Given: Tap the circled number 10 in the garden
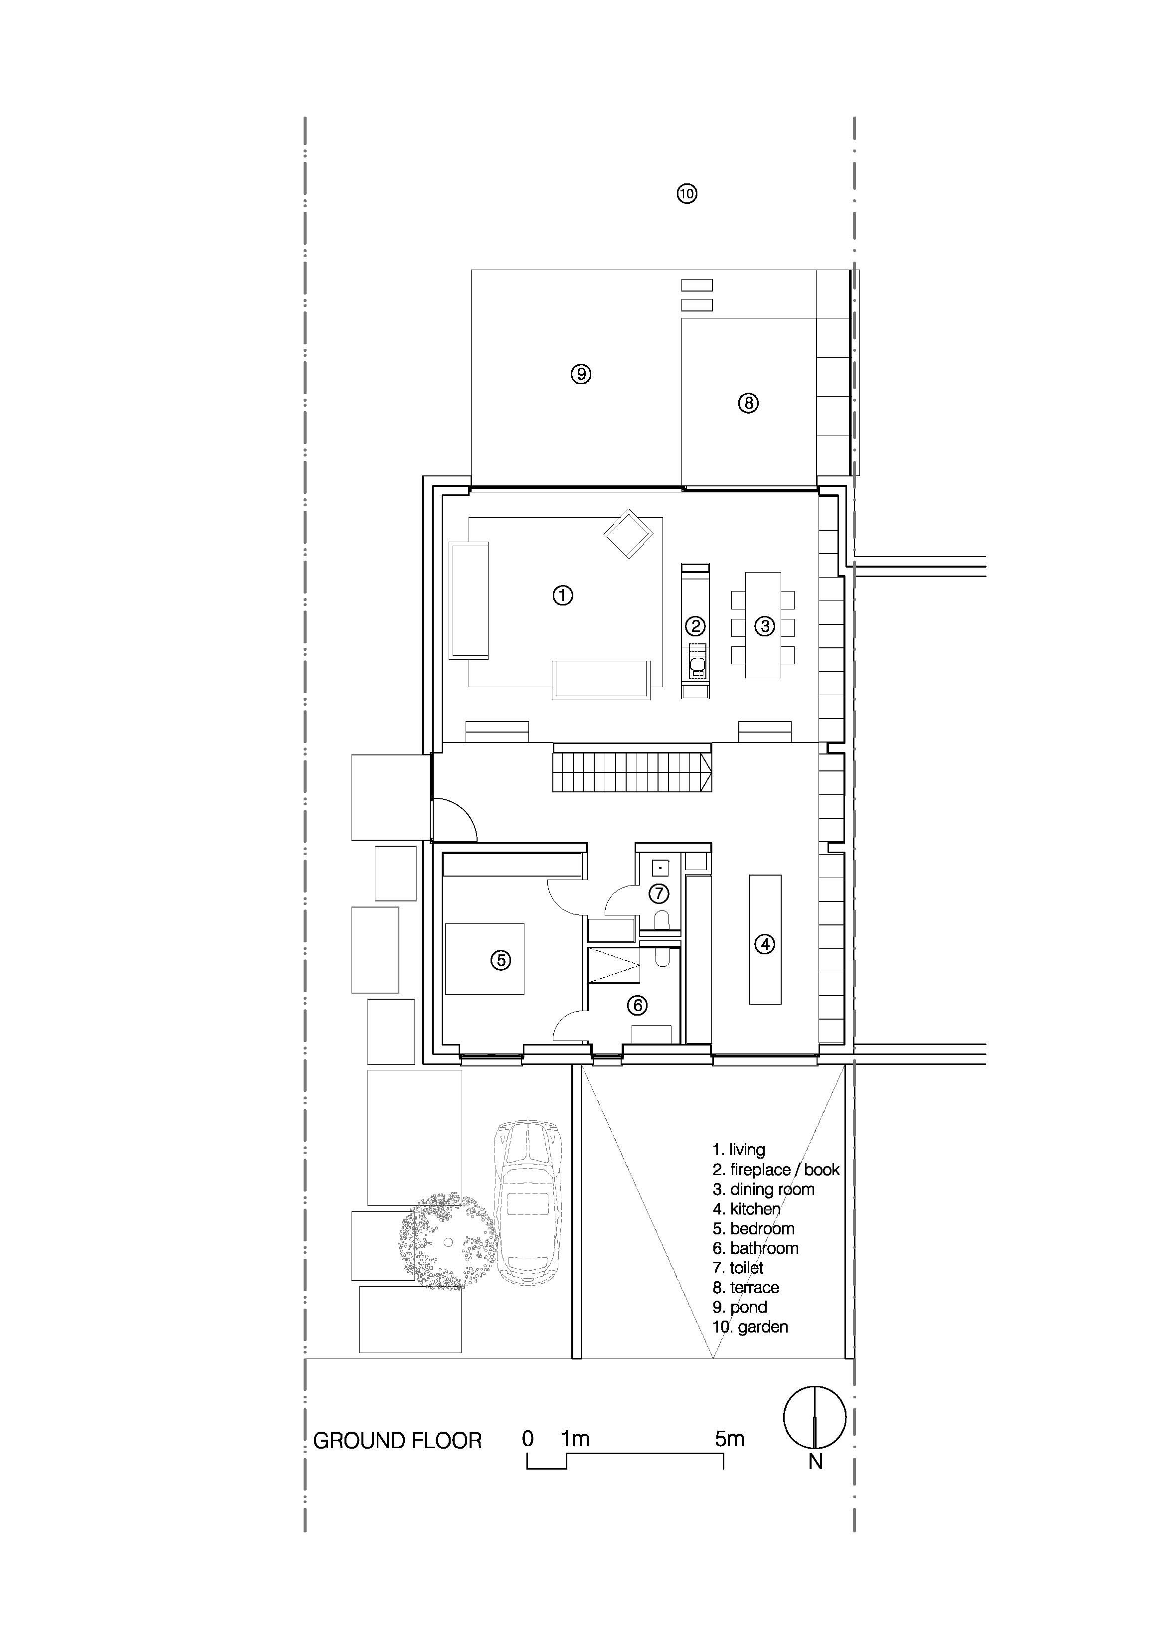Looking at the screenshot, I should (x=687, y=193).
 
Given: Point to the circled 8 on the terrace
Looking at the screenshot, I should (x=748, y=403).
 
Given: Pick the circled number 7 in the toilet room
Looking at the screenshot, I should (x=659, y=894).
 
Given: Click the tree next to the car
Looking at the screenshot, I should (x=447, y=1242).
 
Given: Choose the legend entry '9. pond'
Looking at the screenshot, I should (x=739, y=1307).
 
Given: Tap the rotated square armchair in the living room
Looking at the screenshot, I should (x=629, y=534).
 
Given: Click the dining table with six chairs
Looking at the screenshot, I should (x=763, y=625).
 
